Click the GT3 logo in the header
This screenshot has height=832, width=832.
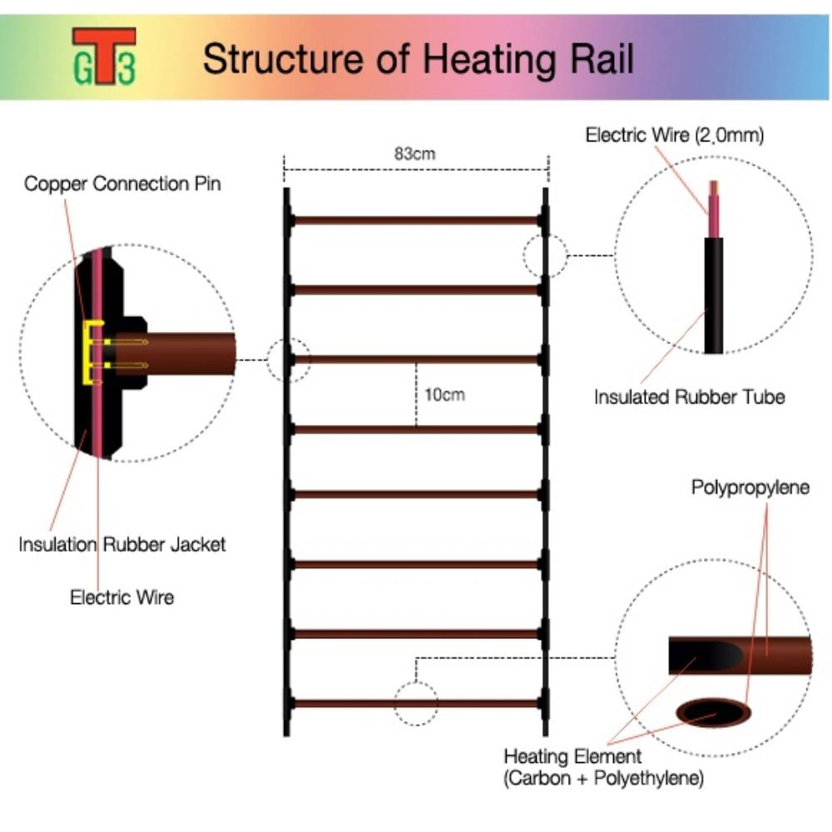pyautogui.click(x=104, y=57)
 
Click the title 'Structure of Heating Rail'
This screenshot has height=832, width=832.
pyautogui.click(x=418, y=59)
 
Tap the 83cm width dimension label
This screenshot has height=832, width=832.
pyautogui.click(x=414, y=154)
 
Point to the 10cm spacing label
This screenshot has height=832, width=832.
pyautogui.click(x=444, y=394)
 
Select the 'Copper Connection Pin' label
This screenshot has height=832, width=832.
pyautogui.click(x=122, y=184)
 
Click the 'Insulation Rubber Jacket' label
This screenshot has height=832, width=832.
pyautogui.click(x=122, y=545)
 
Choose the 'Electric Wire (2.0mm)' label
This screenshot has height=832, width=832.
pyautogui.click(x=674, y=136)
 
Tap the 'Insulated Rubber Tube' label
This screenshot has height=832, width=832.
pyautogui.click(x=689, y=397)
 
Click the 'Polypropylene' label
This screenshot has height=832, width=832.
pyautogui.click(x=750, y=488)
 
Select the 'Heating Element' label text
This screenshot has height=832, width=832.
pyautogui.click(x=572, y=757)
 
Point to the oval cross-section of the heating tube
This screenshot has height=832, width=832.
pyautogui.click(x=714, y=712)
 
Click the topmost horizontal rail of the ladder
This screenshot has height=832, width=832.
pyautogui.click(x=416, y=220)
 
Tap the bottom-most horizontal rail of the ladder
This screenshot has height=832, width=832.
pyautogui.click(x=416, y=703)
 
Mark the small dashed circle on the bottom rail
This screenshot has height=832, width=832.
pyautogui.click(x=416, y=704)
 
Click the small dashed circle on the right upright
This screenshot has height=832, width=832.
pyautogui.click(x=545, y=255)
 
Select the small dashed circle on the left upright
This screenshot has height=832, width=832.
pyautogui.click(x=288, y=360)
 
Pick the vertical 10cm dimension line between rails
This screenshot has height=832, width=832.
pyautogui.click(x=416, y=394)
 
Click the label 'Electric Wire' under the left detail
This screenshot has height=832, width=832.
pyautogui.click(x=121, y=597)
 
